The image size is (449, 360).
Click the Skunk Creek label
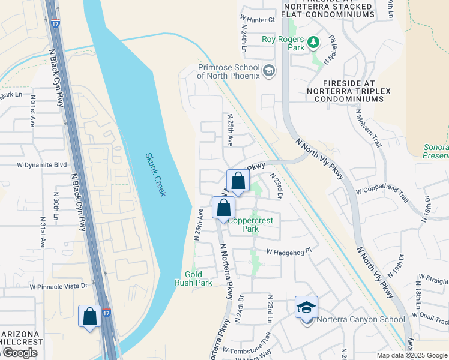point(156,175)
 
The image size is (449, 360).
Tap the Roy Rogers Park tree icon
point(312,42)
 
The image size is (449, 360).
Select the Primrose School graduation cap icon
point(270,71)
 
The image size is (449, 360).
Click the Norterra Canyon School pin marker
point(306,308)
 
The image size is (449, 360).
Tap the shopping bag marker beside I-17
point(90,316)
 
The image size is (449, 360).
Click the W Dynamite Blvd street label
point(41,164)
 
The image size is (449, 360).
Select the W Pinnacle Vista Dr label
point(59,287)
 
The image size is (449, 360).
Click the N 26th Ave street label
point(197,224)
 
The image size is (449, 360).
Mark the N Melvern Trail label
point(369,127)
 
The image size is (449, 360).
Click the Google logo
point(20,353)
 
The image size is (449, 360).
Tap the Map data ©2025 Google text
point(412,355)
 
